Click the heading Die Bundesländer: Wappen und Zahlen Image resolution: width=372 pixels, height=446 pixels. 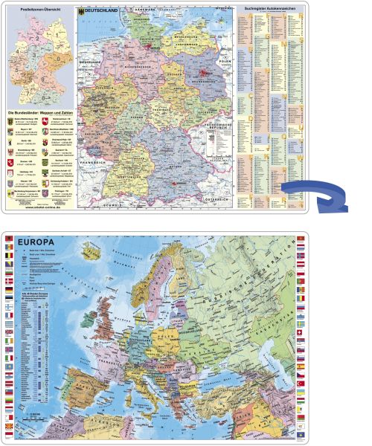point(41,109)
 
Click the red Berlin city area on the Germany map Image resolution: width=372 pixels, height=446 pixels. point(203,74)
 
